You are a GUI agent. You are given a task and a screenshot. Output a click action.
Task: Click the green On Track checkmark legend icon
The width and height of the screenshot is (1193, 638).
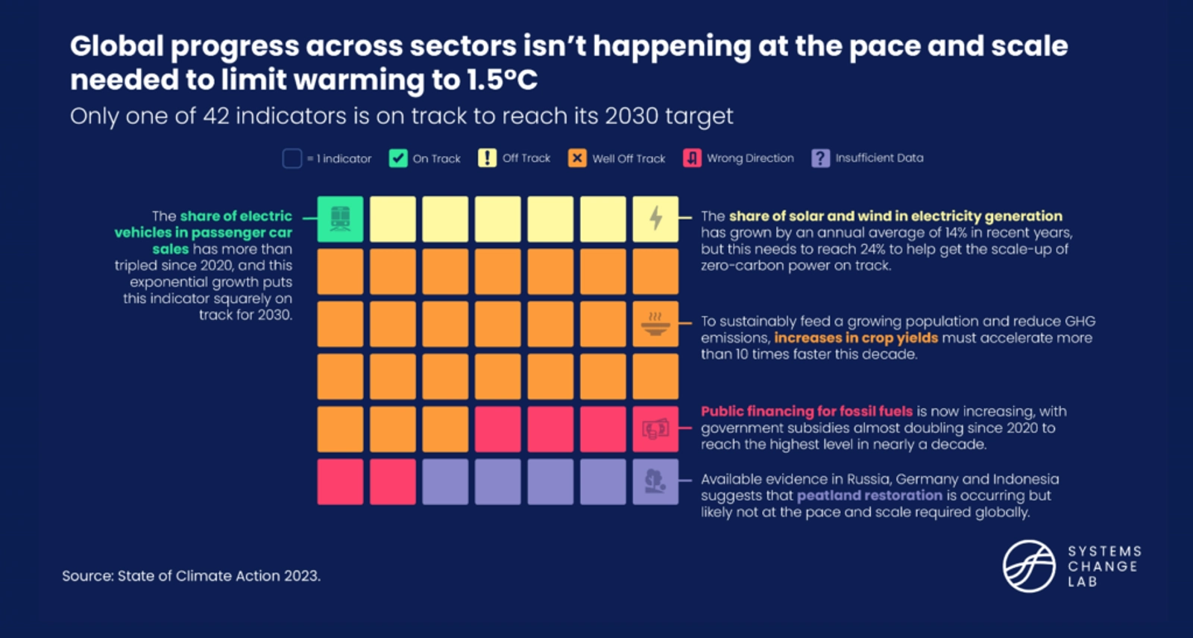click(398, 158)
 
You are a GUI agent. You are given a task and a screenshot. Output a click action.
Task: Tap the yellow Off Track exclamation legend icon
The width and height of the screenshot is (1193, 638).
click(487, 158)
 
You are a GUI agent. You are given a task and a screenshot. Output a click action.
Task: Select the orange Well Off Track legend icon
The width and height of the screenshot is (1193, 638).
click(577, 158)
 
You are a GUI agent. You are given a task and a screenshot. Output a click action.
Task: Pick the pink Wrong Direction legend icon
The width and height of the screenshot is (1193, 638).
click(692, 158)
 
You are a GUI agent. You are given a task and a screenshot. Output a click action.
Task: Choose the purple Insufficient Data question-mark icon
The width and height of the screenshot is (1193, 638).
click(820, 158)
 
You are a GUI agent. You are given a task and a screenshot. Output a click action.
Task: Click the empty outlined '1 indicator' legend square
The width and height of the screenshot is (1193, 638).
click(292, 158)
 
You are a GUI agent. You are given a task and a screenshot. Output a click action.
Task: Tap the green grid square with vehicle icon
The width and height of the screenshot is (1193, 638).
click(340, 219)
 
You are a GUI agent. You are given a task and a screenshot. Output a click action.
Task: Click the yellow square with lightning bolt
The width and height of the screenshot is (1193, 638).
click(655, 219)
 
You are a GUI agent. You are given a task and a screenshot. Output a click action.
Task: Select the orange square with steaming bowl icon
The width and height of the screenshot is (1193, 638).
click(655, 324)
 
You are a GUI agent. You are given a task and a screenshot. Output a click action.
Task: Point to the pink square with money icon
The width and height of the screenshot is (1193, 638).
click(655, 429)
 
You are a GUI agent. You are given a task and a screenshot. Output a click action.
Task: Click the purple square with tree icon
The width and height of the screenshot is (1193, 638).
click(655, 481)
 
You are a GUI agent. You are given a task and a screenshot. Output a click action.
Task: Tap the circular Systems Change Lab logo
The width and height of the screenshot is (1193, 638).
click(1029, 566)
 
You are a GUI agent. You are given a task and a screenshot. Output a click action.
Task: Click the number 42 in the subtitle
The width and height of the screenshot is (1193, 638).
click(217, 116)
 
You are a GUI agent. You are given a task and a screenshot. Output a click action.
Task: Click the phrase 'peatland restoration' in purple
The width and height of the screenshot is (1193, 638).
click(869, 495)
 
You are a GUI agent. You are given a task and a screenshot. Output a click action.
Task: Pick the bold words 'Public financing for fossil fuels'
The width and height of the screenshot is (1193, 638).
click(806, 411)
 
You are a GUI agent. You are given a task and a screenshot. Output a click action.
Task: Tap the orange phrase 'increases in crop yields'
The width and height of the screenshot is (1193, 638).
click(856, 338)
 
